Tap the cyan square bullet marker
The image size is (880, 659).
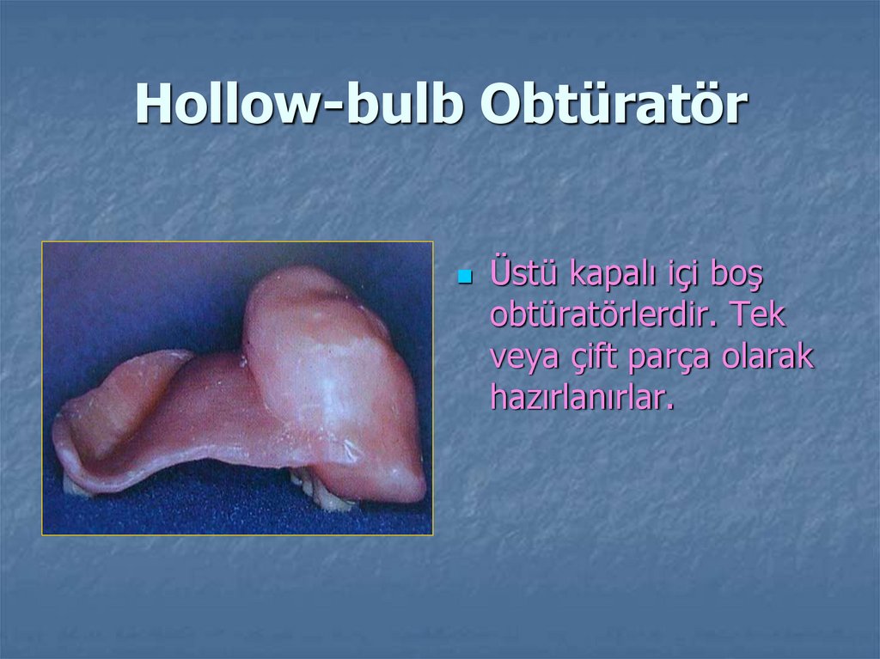[465, 278]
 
